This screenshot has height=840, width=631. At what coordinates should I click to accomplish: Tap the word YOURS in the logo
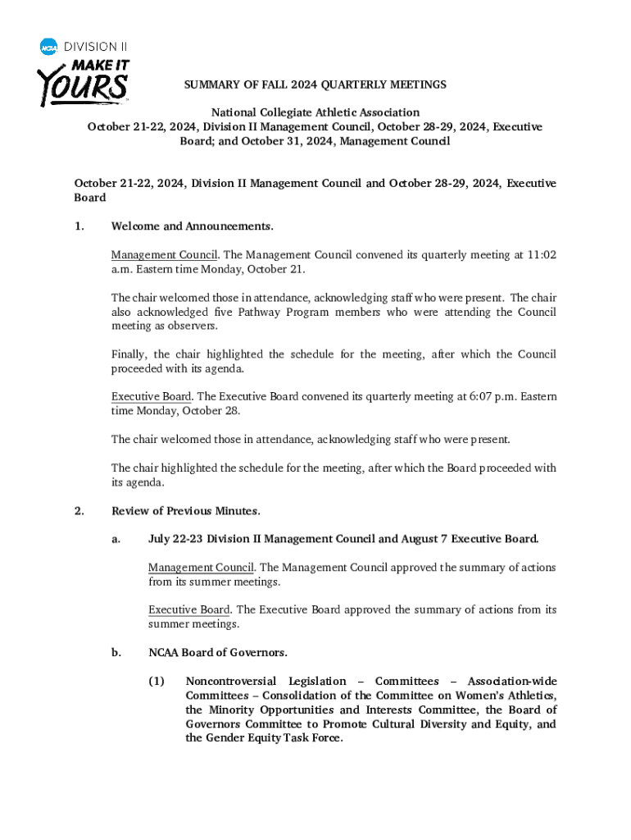[x=81, y=84]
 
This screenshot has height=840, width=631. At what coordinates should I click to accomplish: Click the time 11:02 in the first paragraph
[x=541, y=255]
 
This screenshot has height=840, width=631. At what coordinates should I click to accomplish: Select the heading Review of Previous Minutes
[x=185, y=511]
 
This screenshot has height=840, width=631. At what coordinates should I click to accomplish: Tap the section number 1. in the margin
[x=79, y=226]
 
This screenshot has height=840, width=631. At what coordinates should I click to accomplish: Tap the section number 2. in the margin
[x=79, y=511]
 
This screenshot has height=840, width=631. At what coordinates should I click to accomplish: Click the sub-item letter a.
[x=116, y=540]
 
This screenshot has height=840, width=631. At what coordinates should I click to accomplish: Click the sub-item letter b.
[x=116, y=653]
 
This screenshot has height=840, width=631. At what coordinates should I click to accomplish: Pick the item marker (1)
[x=157, y=682]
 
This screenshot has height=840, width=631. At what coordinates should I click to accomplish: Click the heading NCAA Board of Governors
[x=217, y=653]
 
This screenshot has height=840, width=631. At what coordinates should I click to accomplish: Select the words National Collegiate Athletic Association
[x=315, y=112]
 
